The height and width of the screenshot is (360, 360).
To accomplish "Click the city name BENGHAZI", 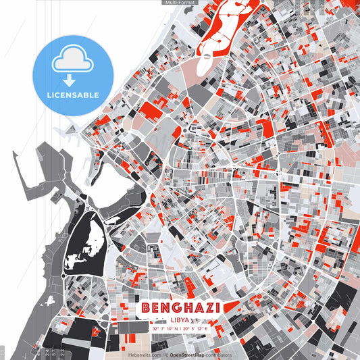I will coord(180,307).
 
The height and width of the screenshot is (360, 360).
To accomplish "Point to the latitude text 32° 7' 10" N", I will coord(165,328).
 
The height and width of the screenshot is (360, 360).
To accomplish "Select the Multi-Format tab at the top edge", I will coord(179,3).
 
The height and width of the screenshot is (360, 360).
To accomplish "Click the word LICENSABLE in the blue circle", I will coord(75,95).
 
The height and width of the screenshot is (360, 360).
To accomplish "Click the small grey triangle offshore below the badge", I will coord(67,128).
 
